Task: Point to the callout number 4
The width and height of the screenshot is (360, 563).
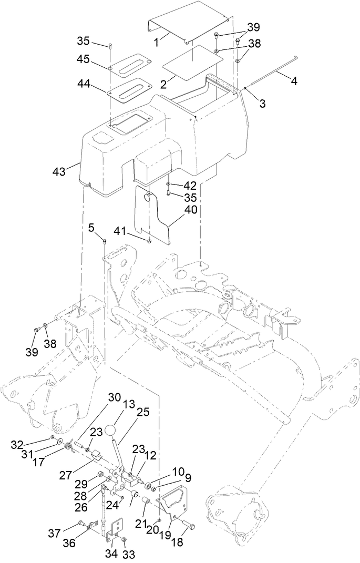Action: [x=293, y=81]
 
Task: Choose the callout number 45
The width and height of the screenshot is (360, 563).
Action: [x=83, y=59]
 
